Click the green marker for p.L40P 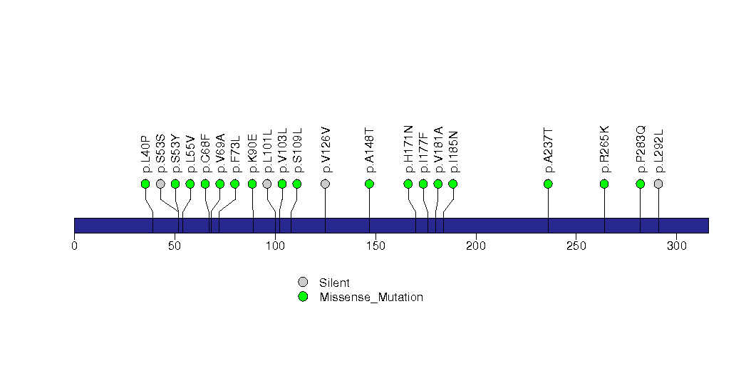tap(145, 184)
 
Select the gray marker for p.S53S tap(160, 184)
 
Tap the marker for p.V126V tap(326, 184)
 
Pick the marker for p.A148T tap(369, 184)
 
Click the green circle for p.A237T tap(548, 184)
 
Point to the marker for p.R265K tap(604, 184)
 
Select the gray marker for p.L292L tap(658, 184)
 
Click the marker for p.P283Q tap(640, 184)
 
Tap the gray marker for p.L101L tap(267, 184)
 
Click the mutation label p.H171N tap(408, 149)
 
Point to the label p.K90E tap(252, 153)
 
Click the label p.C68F tap(205, 153)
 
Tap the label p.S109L tap(297, 151)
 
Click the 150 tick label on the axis tap(375, 246)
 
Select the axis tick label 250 tap(576, 246)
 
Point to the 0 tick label tap(74, 246)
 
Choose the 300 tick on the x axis tap(676, 246)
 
